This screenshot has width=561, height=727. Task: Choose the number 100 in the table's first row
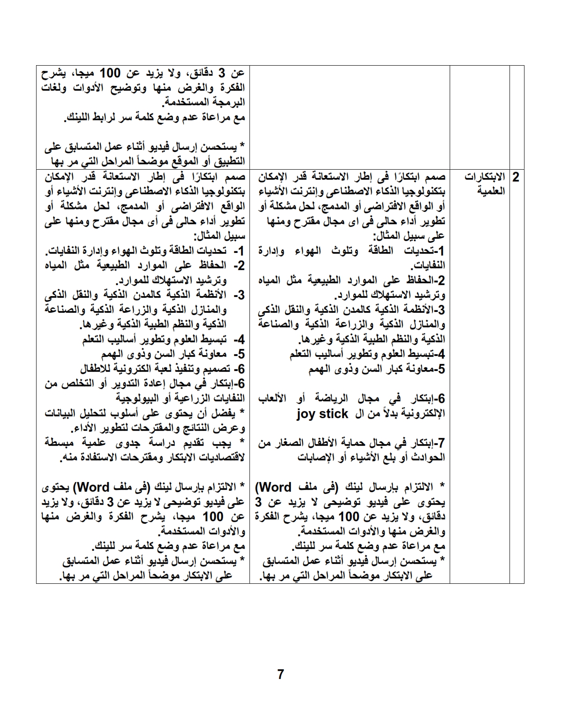click(x=109, y=73)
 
